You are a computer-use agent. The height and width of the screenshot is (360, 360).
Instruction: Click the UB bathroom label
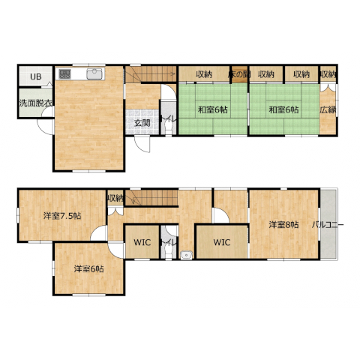pos(36,76)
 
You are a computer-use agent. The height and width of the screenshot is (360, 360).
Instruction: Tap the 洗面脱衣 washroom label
pos(36,103)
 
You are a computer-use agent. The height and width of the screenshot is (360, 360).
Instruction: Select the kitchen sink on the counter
pos(94,74)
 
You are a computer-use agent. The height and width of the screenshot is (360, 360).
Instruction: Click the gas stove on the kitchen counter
pos(64,73)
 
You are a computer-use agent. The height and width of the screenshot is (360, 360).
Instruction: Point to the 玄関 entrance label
pos(142,123)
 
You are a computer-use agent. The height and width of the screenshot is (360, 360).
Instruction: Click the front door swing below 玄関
pos(142,145)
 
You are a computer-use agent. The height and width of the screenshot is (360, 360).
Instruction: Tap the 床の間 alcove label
pos(239,74)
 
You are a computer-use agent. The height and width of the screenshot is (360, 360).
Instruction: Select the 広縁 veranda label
pos(328,109)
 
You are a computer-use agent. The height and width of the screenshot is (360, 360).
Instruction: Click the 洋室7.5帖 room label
pos(62,215)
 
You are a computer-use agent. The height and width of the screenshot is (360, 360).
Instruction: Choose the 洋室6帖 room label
pos(88,269)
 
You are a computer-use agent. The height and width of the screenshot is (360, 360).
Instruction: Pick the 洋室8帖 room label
pos(283,225)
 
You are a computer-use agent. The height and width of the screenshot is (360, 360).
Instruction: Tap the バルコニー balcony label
pos(328,225)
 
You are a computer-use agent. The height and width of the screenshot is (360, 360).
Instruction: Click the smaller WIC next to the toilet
pos(142,242)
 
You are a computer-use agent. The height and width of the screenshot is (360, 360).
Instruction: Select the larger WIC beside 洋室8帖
pos(222,242)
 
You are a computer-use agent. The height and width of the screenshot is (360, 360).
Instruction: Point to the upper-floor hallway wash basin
pos(186,255)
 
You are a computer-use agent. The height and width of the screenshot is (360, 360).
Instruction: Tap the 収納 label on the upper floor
pos(115,199)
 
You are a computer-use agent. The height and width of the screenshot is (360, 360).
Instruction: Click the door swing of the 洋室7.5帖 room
pos(99,233)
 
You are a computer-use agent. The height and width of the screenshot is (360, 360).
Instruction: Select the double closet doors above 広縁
pos(328,87)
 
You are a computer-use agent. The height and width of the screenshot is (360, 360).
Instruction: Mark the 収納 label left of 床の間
pos(204,74)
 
